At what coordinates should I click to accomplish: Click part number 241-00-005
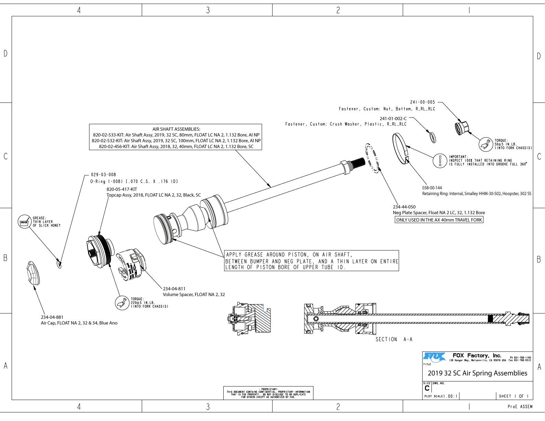tap(422, 102)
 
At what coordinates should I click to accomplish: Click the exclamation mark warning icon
tap(440, 161)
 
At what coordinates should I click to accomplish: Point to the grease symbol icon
tap(24, 222)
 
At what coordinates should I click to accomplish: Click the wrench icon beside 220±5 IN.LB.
tap(121, 303)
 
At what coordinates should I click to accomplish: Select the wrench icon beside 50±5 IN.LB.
tap(486, 144)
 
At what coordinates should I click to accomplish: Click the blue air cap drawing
tap(33, 273)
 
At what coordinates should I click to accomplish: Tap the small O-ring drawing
tap(59, 264)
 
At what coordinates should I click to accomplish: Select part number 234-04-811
tap(174, 289)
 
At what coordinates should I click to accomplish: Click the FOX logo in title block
tap(435, 357)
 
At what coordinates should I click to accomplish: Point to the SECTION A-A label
tap(394, 339)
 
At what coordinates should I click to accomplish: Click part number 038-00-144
tap(432, 188)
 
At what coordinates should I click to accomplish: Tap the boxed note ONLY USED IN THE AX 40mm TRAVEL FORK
tap(439, 220)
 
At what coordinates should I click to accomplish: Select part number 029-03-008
tap(104, 175)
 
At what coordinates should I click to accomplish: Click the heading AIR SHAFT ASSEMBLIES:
tap(176, 129)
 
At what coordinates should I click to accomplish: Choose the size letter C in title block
tap(427, 388)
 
